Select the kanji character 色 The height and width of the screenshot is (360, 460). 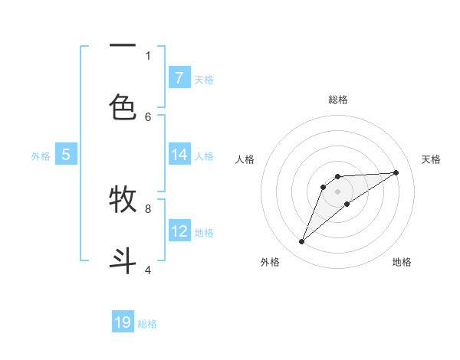click(123, 108)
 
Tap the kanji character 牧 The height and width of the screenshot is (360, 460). click(123, 200)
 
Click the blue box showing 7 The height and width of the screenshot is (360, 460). click(179, 77)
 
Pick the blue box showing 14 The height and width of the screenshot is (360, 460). click(179, 155)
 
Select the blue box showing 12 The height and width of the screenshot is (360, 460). click(179, 231)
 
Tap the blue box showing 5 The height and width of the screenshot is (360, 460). click(66, 155)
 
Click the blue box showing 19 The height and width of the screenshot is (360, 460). click(123, 322)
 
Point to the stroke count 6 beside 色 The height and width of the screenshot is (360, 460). click(148, 116)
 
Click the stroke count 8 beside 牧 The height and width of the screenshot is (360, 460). click(148, 208)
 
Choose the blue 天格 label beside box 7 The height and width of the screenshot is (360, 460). click(204, 79)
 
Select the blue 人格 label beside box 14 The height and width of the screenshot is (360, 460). click(204, 156)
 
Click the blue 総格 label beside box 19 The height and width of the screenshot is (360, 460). click(147, 324)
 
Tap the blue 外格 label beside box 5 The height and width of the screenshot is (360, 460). click(41, 156)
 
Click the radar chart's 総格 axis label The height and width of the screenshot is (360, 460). click(337, 100)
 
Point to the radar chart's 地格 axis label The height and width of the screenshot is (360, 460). click(402, 262)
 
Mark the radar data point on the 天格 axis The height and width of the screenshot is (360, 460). click(396, 172)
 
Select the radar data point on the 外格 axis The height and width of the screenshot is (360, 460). click(301, 242)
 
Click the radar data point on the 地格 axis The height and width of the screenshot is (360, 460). click(347, 204)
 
